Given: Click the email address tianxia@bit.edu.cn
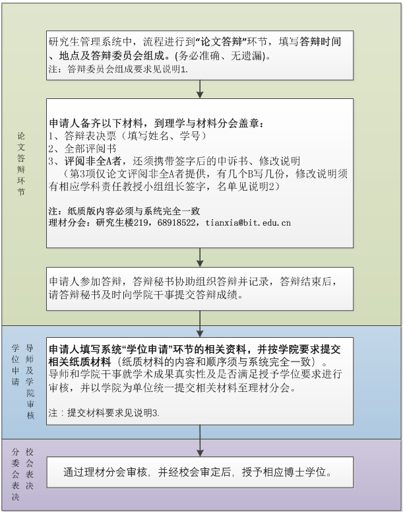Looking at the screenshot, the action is (x=248, y=223).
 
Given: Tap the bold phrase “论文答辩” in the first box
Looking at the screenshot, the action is (x=221, y=42).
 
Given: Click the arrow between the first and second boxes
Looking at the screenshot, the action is (x=200, y=89).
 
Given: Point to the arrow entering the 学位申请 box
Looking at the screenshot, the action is (x=200, y=324).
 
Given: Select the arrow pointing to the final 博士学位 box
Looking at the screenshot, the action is (x=200, y=441).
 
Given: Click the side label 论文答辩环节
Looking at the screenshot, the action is (x=21, y=164).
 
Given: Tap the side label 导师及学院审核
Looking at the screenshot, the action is (x=30, y=381).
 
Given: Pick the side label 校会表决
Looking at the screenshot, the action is (x=30, y=469).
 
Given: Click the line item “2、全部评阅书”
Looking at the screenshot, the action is (x=82, y=148).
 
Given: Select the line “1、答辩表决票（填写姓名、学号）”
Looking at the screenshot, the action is (x=127, y=136).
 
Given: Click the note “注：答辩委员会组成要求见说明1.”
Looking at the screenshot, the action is (x=118, y=69).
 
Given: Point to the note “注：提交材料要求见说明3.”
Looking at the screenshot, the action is (x=104, y=413).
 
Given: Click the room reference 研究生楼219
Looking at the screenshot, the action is (x=122, y=223).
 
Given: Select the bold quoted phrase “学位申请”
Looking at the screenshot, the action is (x=147, y=350).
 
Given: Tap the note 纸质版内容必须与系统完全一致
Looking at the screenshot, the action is (x=134, y=211).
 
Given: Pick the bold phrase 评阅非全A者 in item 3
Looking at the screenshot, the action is (x=93, y=161).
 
